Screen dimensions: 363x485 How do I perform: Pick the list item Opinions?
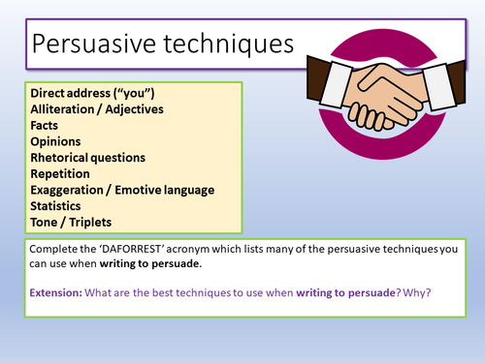click(x=54, y=140)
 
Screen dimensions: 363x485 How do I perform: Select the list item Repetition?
click(x=59, y=173)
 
